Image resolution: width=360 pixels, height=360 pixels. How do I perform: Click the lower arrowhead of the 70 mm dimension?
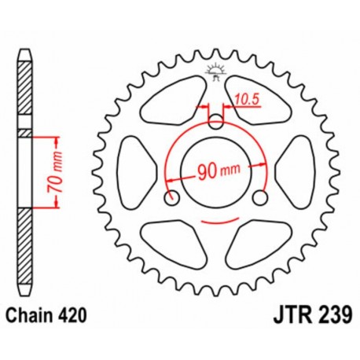[58, 206]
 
